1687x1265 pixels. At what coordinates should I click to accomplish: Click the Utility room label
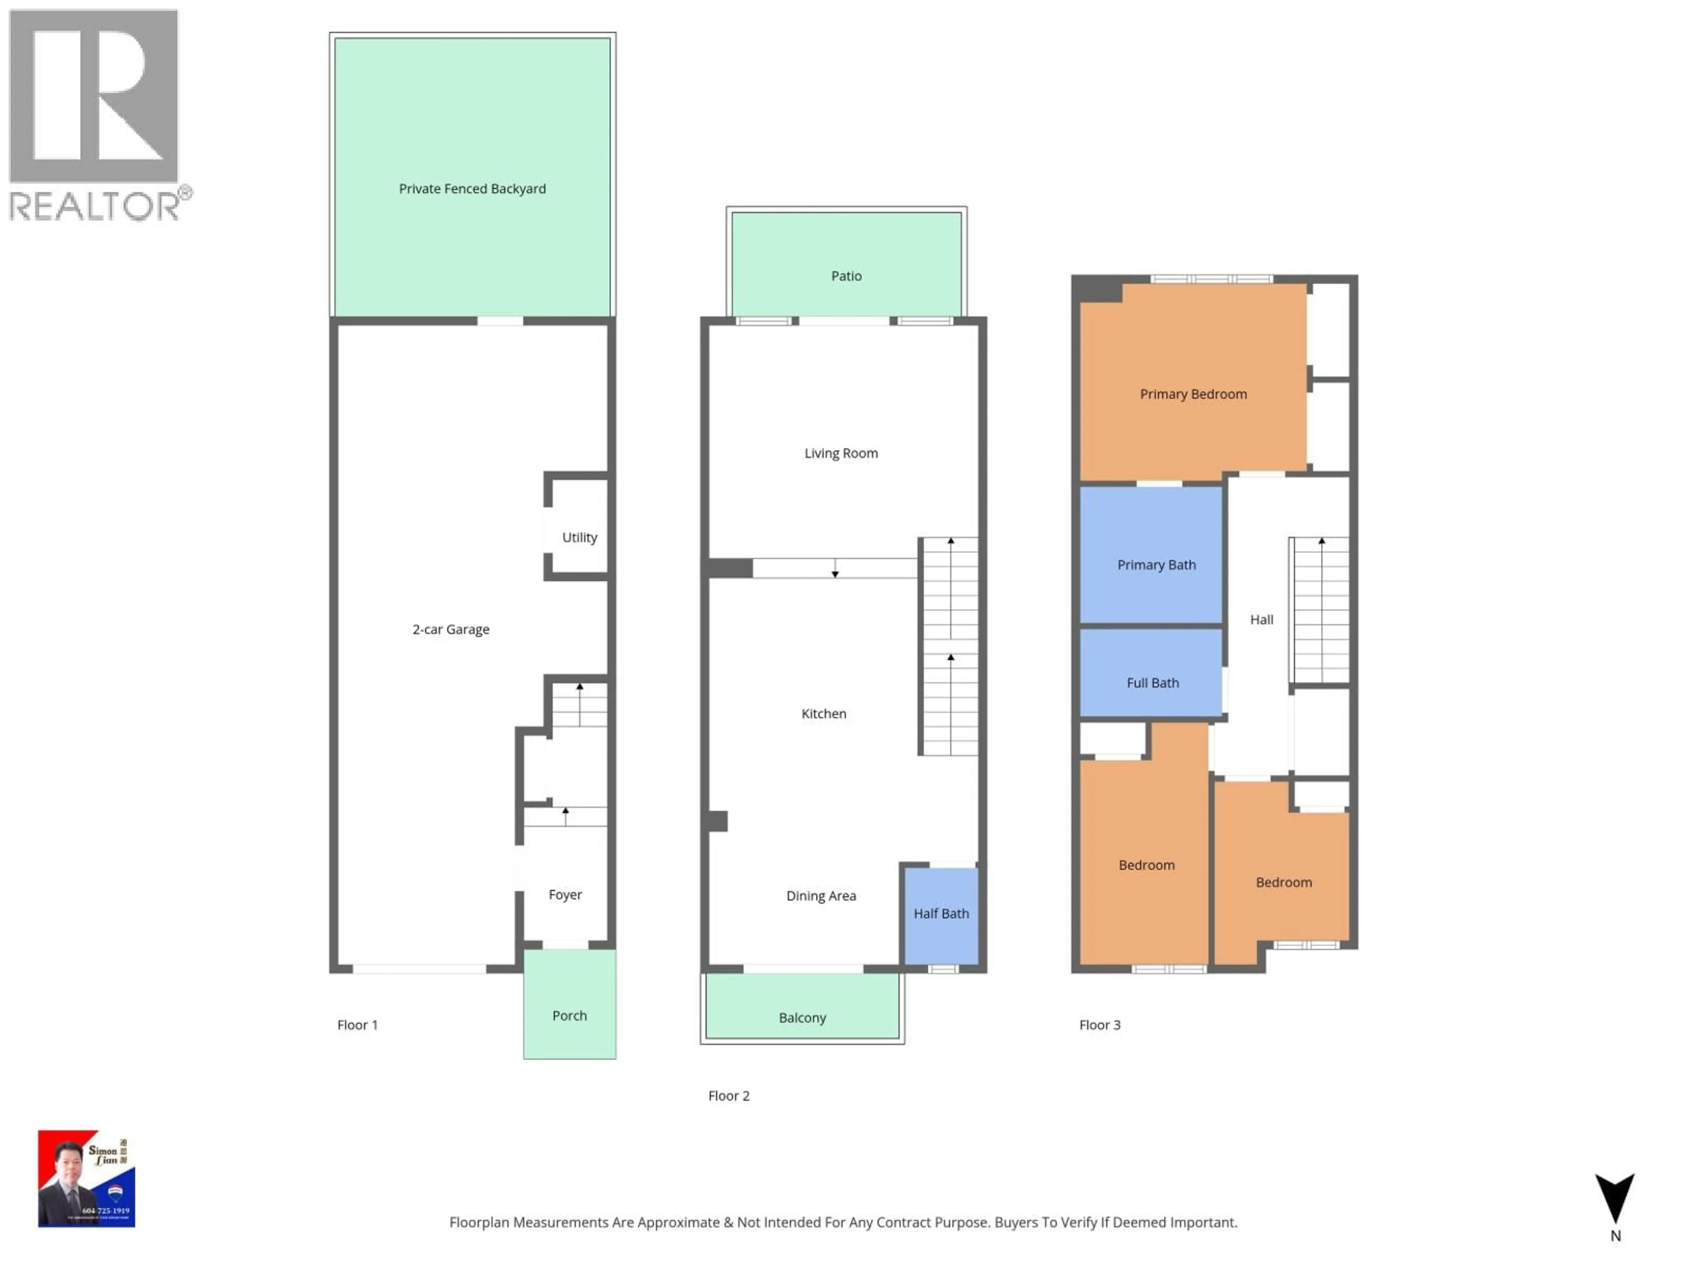579,538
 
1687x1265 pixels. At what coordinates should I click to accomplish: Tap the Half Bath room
941,914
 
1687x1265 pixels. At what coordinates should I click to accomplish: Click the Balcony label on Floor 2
802,1018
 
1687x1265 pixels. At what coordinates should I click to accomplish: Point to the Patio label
846,276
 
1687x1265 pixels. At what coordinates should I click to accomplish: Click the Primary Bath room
1156,565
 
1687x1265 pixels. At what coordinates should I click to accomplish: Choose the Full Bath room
1152,683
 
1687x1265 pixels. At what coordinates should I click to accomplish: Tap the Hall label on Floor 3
1261,620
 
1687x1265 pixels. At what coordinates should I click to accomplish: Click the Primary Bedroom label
1193,394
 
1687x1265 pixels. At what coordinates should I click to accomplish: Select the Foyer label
565,894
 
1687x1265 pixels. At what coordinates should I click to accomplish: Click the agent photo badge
86,1178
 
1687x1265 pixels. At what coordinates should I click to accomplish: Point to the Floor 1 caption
357,1025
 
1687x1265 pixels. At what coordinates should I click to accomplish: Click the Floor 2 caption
728,1096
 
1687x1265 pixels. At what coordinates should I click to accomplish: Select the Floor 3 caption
1099,1025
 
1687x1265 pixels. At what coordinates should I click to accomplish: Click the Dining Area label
821,896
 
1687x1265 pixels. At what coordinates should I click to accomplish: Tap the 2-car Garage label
451,630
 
